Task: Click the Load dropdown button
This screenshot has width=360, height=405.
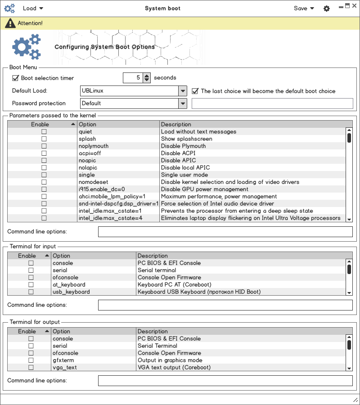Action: pyautogui.click(x=33, y=8)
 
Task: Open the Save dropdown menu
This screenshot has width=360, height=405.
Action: pyautogui.click(x=304, y=8)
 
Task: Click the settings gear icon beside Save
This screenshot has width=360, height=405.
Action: pyautogui.click(x=327, y=9)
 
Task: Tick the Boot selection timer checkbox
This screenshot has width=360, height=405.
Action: pyautogui.click(x=16, y=78)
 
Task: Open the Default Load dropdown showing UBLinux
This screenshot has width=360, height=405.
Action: pyautogui.click(x=134, y=91)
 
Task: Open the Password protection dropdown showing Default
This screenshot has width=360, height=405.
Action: pyautogui.click(x=134, y=103)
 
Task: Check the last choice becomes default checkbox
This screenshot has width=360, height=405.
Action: pyautogui.click(x=195, y=91)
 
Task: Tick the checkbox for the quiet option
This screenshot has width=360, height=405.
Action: pyautogui.click(x=44, y=132)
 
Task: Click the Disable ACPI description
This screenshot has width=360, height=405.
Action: pyautogui.click(x=178, y=153)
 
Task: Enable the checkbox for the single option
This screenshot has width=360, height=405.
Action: pyautogui.click(x=44, y=175)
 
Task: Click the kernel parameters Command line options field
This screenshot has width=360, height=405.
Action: pyautogui.click(x=225, y=232)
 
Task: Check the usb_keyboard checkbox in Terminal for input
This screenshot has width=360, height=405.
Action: pyautogui.click(x=31, y=292)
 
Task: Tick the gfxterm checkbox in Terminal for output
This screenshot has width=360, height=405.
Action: pyautogui.click(x=31, y=360)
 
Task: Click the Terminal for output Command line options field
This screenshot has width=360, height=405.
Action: pyautogui.click(x=225, y=381)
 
